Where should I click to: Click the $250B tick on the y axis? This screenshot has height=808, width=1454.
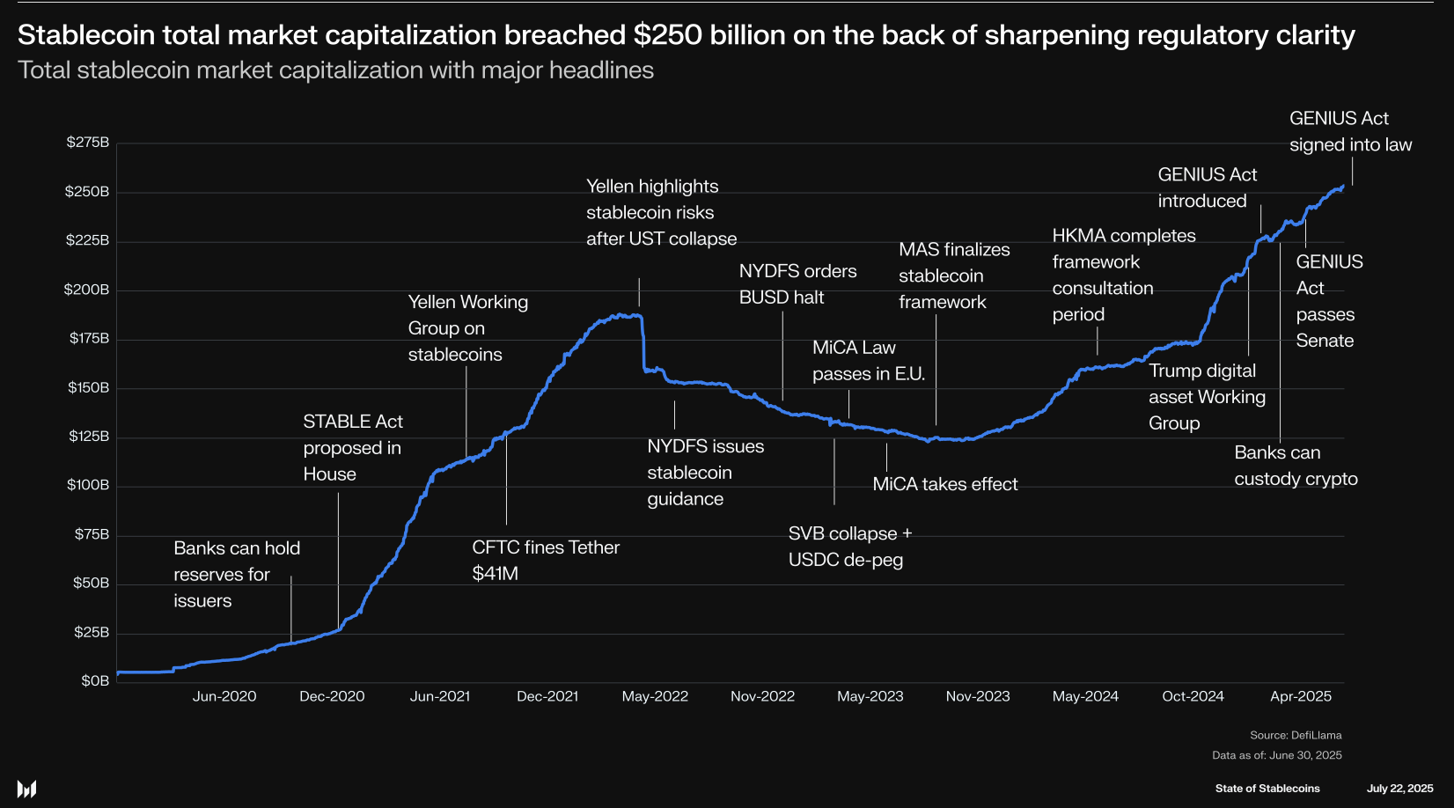[x=87, y=192]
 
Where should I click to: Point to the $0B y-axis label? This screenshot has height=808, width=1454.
[x=95, y=681]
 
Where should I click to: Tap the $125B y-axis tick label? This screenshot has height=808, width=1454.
[x=89, y=437]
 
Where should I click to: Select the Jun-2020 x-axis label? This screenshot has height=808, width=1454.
[x=224, y=696]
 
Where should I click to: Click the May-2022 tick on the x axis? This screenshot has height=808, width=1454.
[x=655, y=696]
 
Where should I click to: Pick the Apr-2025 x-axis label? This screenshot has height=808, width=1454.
[x=1301, y=696]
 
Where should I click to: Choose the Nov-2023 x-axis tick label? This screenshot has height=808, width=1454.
[x=978, y=696]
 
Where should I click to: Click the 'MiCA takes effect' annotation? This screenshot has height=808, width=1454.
[x=944, y=484]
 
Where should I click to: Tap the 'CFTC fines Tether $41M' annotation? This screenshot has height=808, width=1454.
[x=546, y=560]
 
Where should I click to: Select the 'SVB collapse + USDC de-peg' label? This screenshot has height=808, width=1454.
[x=849, y=547]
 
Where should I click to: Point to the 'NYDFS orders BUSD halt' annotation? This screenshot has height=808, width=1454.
[x=797, y=284]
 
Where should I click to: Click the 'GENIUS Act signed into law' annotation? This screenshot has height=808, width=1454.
[x=1350, y=131]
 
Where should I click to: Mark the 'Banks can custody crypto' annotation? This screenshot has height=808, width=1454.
[x=1296, y=466]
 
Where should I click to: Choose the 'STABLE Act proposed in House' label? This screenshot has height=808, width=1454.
[x=352, y=448]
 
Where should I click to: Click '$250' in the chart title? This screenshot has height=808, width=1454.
[x=667, y=35]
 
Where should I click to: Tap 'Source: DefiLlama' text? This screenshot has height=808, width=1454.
[x=1296, y=735]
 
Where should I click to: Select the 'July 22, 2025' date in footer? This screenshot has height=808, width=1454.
[x=1399, y=789]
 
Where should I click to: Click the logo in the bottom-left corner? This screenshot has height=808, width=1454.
[x=26, y=789]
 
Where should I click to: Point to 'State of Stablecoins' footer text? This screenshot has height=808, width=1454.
[x=1267, y=789]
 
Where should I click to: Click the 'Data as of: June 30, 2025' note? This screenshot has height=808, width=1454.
[x=1276, y=755]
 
